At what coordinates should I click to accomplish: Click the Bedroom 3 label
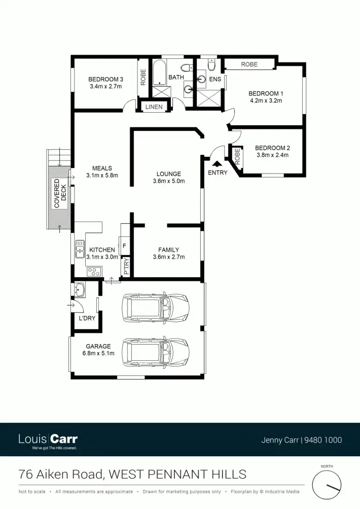point(105,79)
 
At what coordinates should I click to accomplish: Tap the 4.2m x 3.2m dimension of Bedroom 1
point(266,100)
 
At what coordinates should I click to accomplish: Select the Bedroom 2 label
point(272,148)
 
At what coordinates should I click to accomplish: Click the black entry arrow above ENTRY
point(217,163)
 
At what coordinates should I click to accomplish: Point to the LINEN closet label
point(154,107)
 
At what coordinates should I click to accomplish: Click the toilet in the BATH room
point(186,67)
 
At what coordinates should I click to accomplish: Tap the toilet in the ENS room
point(211,64)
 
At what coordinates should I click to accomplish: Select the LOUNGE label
point(168,174)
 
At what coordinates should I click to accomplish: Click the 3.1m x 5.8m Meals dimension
point(101,176)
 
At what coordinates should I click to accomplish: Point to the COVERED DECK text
point(60,193)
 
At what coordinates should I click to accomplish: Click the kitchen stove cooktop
point(94,271)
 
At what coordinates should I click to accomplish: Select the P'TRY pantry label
point(126,267)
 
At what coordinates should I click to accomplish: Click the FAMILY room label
point(168,250)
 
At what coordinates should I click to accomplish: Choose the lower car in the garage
point(155,353)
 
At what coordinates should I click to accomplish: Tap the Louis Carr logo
point(48,440)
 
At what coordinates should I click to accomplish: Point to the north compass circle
point(327,485)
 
